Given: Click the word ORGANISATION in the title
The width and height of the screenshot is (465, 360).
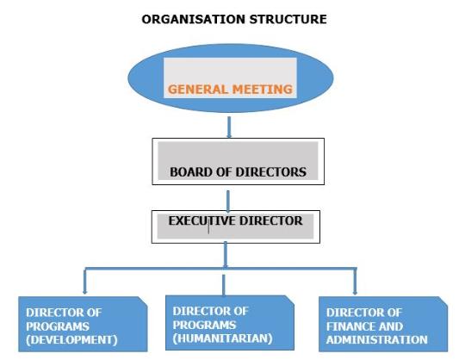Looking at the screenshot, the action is tap(194, 19).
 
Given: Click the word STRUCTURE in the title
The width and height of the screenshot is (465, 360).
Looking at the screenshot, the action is tap(288, 19).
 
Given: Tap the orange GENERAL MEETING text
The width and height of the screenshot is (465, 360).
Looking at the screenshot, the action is tap(230, 90).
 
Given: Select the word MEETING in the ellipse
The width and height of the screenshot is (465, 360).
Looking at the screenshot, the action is tap(262, 90).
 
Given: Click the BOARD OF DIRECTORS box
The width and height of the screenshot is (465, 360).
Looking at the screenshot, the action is tap(239, 161).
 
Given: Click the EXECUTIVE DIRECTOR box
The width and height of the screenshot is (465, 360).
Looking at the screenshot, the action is tap(236, 227).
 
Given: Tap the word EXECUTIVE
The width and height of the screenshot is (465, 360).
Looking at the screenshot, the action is tap(202, 221).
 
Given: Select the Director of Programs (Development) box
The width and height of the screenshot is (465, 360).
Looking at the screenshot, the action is tap(83, 324).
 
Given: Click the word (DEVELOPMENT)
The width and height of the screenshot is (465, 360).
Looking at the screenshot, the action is tap(71, 340).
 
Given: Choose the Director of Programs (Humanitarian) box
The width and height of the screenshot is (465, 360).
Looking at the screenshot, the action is tap(230, 323).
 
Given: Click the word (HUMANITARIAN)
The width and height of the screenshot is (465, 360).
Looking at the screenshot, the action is tap(222, 338).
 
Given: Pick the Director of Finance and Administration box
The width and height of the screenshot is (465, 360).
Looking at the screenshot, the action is tap(383, 324).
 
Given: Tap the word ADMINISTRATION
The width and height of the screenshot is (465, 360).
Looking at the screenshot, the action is tap(377, 339).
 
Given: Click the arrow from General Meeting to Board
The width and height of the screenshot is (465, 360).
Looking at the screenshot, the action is tap(229, 127).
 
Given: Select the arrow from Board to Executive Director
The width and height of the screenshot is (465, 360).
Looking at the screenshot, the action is tap(228, 202).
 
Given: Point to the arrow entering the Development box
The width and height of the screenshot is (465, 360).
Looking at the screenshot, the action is tap(85, 281).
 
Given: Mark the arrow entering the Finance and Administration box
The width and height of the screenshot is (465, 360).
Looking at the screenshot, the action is tap(355, 282).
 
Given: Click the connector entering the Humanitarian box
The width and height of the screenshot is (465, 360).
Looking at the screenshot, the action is tap(224, 285).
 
